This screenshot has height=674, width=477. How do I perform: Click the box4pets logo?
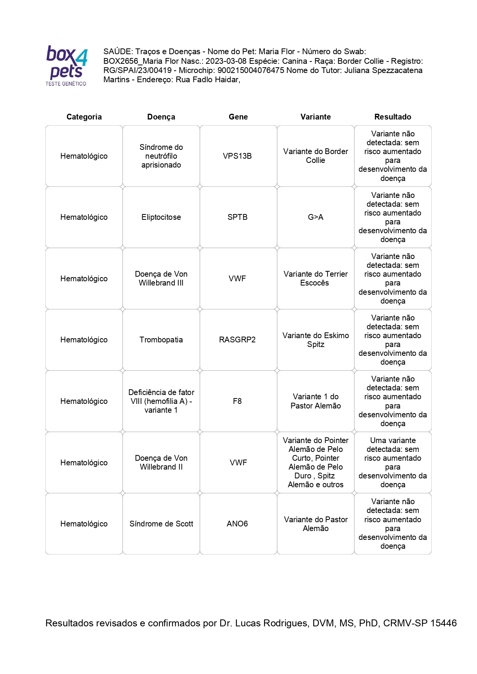66,65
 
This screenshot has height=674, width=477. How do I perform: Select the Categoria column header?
84,117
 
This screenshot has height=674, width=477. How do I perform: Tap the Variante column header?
315,117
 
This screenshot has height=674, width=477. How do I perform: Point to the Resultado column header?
392,117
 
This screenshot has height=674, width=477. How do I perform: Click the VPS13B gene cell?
237,156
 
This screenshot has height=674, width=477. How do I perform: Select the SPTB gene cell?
237,217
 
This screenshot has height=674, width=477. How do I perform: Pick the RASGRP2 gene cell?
237,340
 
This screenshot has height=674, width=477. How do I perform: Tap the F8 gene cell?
237,401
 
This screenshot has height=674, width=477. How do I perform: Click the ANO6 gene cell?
237,524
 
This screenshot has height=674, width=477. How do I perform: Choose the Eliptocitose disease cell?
161,217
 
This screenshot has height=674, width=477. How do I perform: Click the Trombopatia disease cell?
161,340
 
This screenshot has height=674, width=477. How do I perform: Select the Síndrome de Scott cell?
161,524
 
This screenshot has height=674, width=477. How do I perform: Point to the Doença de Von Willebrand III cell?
161,279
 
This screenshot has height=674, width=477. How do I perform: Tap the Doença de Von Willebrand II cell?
161,463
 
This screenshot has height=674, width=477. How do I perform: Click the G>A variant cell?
315,217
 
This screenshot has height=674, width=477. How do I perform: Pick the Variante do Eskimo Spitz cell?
315,340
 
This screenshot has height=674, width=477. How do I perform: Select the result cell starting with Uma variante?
392,463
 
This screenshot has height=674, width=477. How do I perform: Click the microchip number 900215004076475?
251,70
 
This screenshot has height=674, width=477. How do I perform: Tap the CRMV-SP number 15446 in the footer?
443,623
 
